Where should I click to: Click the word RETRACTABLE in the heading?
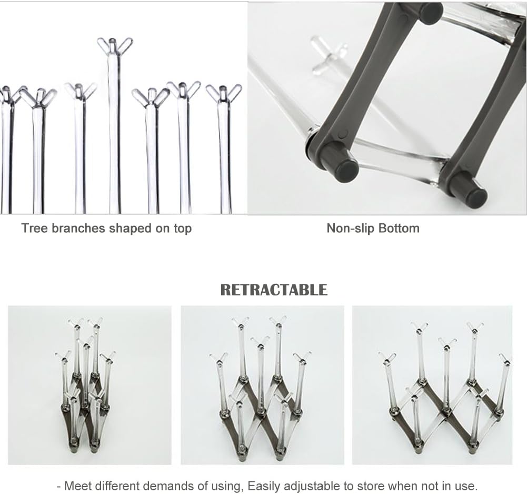274,290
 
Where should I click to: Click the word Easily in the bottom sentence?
264,485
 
